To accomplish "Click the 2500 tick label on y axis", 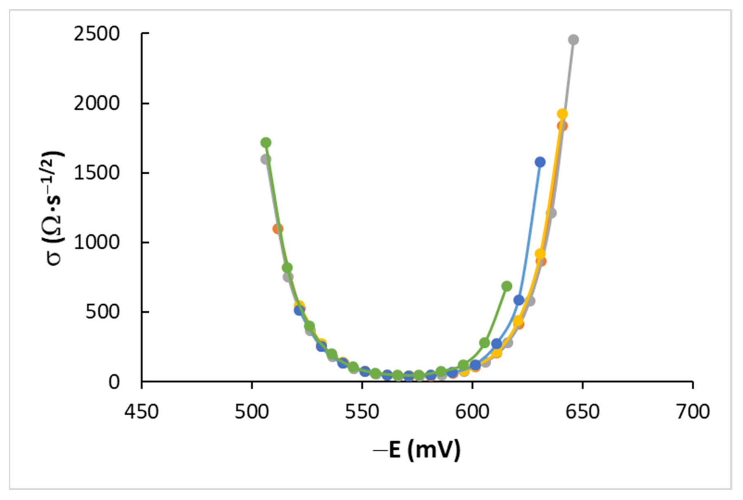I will [96, 34].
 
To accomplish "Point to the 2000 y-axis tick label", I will [96, 103].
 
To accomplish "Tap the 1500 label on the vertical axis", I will [96, 173].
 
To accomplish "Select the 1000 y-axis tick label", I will [96, 243].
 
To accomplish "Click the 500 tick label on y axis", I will [102, 312].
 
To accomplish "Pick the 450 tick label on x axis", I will [141, 412].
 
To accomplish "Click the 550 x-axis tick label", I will [362, 412].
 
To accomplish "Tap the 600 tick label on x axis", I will [472, 412].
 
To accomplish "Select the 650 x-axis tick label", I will [582, 412].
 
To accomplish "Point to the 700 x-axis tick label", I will [693, 412].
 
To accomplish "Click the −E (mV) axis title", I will [417, 450].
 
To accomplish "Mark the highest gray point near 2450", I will [573, 40].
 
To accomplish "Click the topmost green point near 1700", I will [266, 143].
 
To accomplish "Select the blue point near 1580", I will [540, 162].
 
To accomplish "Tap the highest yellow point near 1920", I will [562, 114].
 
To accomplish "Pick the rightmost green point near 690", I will [507, 286].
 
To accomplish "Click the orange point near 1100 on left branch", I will [277, 229].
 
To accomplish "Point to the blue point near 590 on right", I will [519, 300].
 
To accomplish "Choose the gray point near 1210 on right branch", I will [551, 213].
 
